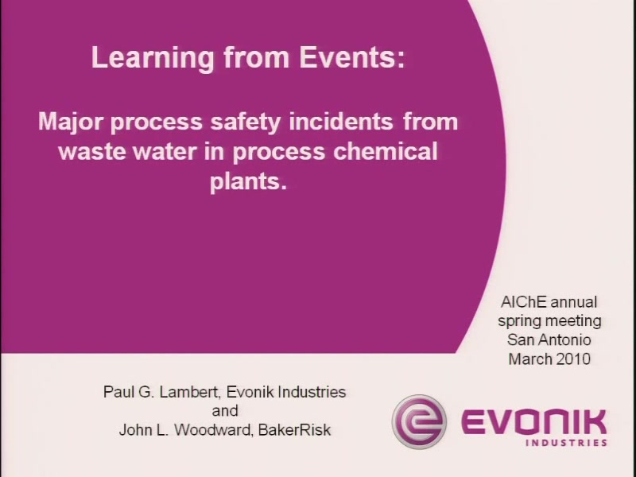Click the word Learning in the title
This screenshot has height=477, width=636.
[153, 59]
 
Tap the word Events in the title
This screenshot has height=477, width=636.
[352, 57]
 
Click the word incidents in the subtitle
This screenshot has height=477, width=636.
[341, 122]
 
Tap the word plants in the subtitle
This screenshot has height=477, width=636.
[248, 182]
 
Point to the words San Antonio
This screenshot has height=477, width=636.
[549, 339]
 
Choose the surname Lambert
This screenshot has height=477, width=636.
[190, 392]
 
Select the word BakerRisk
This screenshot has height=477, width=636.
[294, 430]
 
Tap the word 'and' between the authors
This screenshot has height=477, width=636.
[225, 411]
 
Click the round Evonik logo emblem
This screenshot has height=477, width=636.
[419, 422]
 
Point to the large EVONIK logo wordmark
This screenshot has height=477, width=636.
[533, 423]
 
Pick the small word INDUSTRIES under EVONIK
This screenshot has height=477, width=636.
[566, 443]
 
